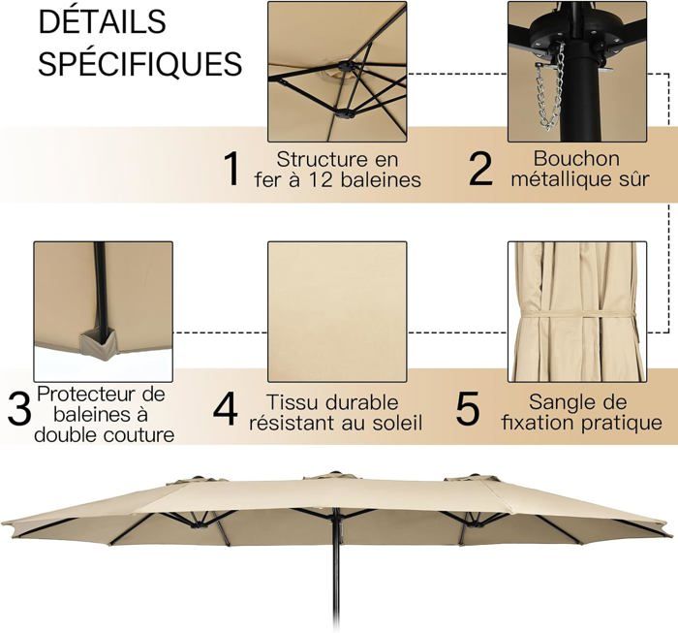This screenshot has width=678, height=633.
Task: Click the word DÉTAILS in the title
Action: (103, 21)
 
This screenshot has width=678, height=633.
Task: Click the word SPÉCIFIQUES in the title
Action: (140, 64)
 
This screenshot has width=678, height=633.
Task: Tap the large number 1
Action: (232, 169)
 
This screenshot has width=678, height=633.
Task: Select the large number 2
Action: (480, 169)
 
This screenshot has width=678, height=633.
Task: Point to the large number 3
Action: (19, 408)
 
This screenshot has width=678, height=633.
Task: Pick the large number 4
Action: (226, 408)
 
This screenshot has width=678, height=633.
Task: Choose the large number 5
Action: (468, 408)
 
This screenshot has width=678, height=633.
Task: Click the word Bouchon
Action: (576, 158)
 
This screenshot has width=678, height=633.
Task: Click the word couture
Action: (139, 435)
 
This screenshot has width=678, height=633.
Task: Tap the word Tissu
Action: (286, 402)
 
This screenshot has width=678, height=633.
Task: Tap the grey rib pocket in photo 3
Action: (98, 340)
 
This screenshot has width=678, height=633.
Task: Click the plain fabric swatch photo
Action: (337, 311)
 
